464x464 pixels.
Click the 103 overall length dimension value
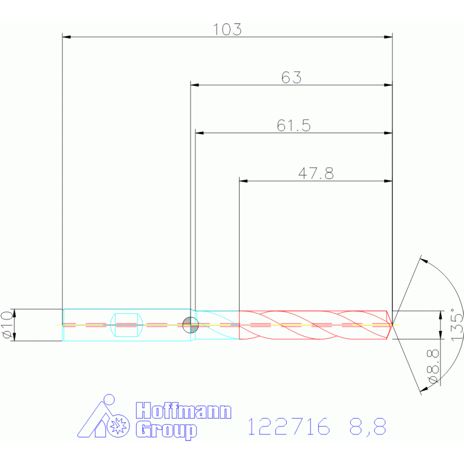227,30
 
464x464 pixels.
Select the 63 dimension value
291,77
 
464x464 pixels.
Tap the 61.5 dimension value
293,125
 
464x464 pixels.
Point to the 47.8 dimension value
316,174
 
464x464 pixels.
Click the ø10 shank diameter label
7,325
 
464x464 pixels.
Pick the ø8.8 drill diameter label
433,367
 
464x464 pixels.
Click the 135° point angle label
457,325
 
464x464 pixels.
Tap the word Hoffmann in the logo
183,410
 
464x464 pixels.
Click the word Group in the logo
166,431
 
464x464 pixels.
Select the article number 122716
289,426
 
